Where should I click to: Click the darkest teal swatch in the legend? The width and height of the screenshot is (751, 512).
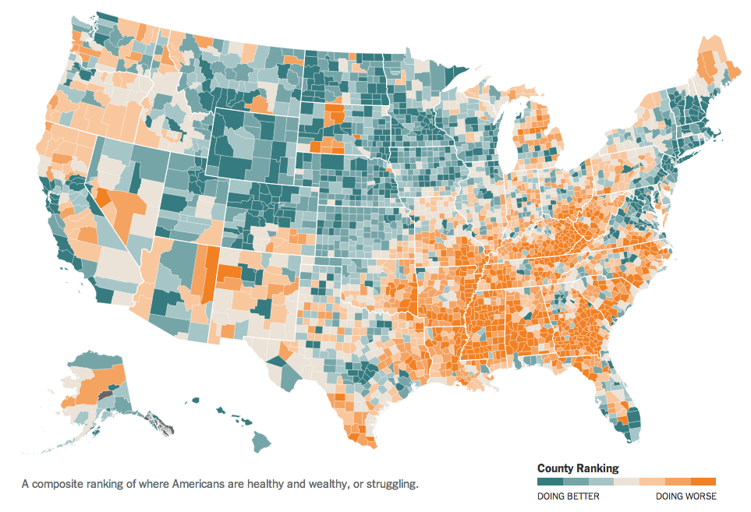550,481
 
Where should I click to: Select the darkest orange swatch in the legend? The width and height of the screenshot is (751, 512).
703,481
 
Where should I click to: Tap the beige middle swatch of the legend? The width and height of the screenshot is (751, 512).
626,481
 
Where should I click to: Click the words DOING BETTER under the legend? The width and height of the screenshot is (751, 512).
568,496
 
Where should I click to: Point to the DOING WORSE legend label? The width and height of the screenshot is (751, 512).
685,496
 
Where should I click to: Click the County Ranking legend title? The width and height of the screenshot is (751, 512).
578,468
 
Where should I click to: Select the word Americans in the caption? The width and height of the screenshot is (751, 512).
211,484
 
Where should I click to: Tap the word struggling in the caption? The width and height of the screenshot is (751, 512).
391,484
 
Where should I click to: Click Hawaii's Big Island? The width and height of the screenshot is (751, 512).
260,442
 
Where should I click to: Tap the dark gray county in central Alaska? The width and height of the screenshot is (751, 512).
105,396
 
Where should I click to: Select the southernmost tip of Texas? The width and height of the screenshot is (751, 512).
368,447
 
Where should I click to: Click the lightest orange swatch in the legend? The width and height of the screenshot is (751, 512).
652,481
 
